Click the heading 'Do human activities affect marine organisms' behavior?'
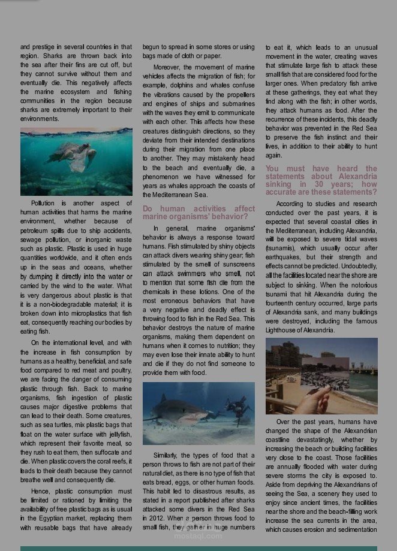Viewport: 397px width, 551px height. tap(198, 213)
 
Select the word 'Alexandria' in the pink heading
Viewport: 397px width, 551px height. tap(357, 177)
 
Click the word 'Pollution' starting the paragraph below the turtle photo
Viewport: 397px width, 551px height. tap(43, 203)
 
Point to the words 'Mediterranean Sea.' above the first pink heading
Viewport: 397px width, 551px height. tap(175, 195)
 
